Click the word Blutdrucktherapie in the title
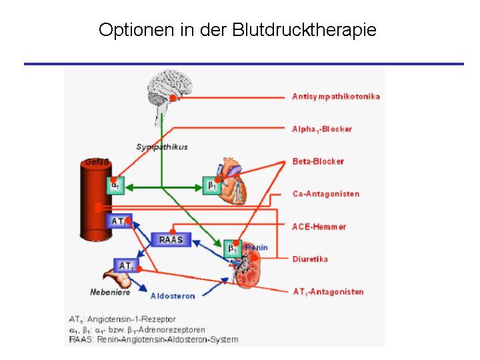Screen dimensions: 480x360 (304, 30)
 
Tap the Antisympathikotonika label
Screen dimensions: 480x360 (336, 97)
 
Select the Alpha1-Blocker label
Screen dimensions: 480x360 (322, 129)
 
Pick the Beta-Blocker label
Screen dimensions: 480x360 (318, 161)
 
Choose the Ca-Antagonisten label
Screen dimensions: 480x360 (326, 194)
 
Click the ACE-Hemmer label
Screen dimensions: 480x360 (319, 227)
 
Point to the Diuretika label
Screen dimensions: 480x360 (310, 259)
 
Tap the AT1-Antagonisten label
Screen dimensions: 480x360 (328, 292)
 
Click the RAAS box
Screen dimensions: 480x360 (171, 239)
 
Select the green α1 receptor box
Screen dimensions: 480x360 (115, 185)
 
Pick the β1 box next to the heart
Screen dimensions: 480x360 (211, 185)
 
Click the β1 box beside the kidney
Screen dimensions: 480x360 (233, 248)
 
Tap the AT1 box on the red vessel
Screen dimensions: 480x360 (119, 221)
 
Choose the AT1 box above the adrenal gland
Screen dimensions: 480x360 (126, 265)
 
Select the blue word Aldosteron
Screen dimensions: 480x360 (173, 296)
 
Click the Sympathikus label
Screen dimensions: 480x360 (162, 147)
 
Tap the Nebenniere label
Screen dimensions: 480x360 (110, 293)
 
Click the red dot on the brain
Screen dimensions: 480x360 (173, 98)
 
